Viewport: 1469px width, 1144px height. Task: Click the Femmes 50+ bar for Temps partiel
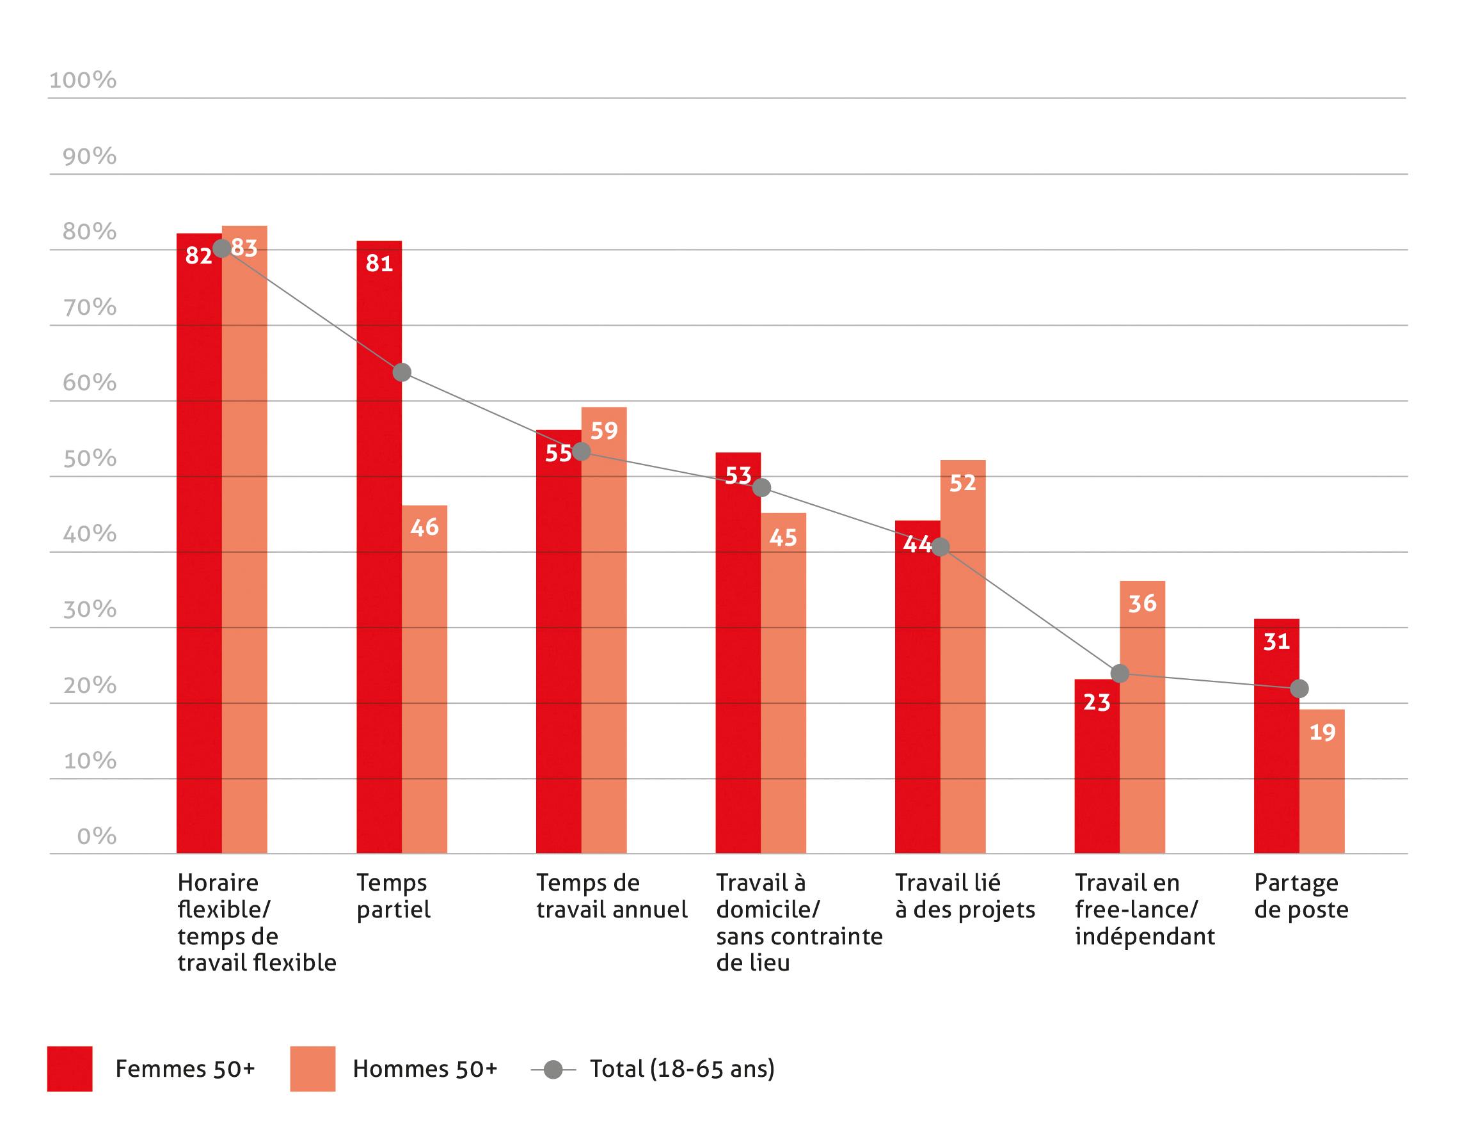pos(379,547)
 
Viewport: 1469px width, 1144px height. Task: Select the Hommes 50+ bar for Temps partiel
pos(424,679)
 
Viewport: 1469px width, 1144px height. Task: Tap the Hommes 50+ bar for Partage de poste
pos(1322,781)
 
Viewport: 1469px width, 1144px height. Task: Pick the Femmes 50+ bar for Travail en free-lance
pos(1097,766)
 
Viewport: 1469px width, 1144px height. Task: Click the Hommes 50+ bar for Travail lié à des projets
pos(962,656)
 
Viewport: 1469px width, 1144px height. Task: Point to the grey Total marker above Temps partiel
pos(402,372)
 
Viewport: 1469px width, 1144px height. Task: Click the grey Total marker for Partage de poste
pos(1299,688)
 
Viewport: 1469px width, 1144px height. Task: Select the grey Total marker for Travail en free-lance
pos(1120,672)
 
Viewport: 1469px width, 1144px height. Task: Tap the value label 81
pos(379,263)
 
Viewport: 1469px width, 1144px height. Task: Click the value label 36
pos(1142,603)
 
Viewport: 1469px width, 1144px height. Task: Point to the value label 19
pos(1322,732)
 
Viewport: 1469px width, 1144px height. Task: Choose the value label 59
pos(604,431)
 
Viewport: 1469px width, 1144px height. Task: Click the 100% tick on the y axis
pos(83,80)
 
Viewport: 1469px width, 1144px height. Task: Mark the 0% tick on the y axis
pos(97,836)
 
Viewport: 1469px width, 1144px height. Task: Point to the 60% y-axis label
pos(90,383)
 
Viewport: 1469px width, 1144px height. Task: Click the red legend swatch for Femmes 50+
pos(69,1068)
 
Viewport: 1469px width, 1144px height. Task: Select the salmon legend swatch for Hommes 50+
pos(313,1068)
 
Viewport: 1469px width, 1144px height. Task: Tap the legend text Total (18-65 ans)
pos(682,1069)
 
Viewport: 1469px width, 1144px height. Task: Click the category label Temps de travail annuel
pos(612,896)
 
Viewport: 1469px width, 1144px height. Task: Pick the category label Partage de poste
pos(1301,896)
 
